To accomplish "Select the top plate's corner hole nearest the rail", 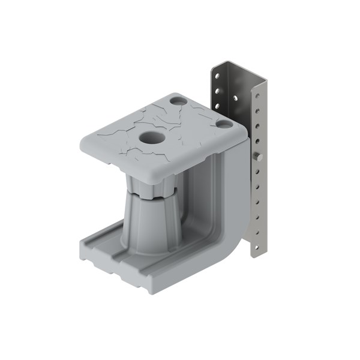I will pos(224,124).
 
